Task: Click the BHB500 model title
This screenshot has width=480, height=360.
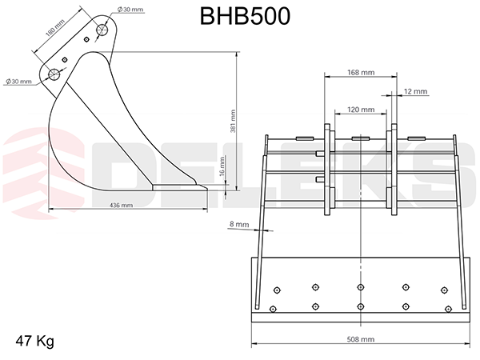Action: pos(245,16)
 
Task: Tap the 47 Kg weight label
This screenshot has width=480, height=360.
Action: pos(35,341)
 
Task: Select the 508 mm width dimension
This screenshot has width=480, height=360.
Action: pos(361,339)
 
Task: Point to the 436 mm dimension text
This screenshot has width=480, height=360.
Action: pos(122,205)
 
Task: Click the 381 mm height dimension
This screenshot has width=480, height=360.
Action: pos(233,121)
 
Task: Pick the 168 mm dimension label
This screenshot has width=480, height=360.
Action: pos(361,72)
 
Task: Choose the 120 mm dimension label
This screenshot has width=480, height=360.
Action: pos(361,110)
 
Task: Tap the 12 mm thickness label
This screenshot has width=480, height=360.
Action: pos(415,91)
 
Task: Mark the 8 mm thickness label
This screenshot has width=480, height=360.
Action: pos(239,224)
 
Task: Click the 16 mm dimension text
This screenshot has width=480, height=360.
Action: pos(222,166)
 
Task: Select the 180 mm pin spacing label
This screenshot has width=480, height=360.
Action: pos(55,28)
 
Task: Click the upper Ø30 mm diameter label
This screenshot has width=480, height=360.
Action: pos(130,10)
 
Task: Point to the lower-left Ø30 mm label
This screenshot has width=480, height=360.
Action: pos(18,81)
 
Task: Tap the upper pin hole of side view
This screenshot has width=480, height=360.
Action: pos(102,30)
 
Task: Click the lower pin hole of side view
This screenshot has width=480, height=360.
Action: pos(54,74)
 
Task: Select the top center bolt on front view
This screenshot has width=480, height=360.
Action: pos(361,287)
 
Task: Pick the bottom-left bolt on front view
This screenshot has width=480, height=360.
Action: pos(273,309)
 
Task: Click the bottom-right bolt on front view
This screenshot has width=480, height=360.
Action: pos(448,309)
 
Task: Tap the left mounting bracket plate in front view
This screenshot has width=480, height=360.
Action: pos(327,170)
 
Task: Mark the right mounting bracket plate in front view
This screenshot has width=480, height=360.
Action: pos(394,170)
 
